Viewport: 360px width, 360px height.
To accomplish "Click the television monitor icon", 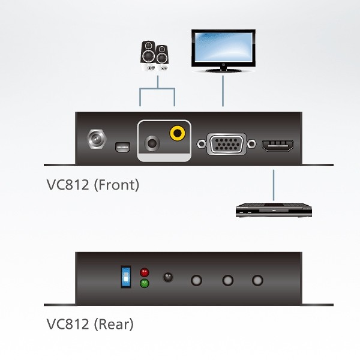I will pos(223,51).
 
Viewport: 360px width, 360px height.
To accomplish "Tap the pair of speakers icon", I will pos(154,56).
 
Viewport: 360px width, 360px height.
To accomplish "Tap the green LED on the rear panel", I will pos(144,284).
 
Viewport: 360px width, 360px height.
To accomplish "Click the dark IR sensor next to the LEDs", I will pos(168,278).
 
